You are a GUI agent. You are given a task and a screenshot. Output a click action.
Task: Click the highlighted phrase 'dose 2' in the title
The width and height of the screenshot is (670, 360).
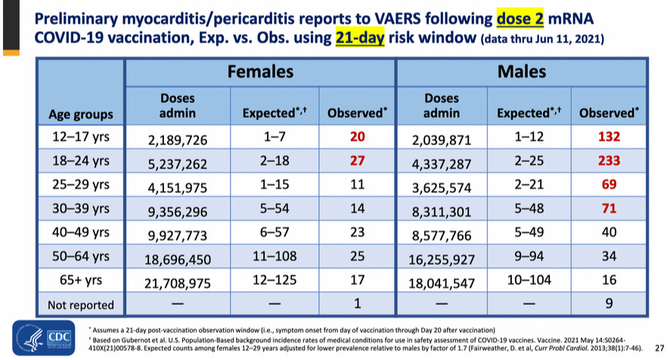[520, 19]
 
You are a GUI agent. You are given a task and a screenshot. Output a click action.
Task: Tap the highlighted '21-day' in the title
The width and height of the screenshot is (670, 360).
[360, 38]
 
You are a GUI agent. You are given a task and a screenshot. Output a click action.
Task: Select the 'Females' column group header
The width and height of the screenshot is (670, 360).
[260, 71]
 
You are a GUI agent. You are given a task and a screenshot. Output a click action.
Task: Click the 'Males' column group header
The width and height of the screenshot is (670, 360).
[522, 71]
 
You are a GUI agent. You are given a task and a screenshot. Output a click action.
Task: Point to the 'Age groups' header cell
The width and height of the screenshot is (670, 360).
[81, 114]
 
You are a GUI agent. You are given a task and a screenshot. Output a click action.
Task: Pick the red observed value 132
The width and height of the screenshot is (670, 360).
[609, 136]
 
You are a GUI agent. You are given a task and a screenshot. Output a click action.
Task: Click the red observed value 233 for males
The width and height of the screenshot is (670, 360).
[609, 160]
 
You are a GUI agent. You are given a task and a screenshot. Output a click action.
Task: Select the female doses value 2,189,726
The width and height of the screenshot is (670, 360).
[177, 140]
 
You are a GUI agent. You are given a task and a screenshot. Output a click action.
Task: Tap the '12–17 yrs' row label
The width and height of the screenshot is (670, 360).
[81, 136]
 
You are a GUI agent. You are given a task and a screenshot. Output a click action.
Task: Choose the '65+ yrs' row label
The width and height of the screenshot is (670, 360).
[81, 280]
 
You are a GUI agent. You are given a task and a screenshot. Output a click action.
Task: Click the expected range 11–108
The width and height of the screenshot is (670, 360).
[275, 256]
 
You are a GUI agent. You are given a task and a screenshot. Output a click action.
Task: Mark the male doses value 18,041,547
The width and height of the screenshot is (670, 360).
[442, 284]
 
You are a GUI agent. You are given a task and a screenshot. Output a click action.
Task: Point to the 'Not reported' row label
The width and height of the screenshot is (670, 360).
[81, 305]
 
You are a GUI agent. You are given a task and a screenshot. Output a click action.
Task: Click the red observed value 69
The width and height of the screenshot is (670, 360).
[609, 185]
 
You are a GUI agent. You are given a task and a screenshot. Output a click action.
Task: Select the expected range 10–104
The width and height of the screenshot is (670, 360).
[529, 280]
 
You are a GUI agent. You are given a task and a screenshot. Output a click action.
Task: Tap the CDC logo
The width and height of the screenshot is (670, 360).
[44, 338]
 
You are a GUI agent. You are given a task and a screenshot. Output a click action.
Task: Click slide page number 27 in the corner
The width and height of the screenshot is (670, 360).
[659, 348]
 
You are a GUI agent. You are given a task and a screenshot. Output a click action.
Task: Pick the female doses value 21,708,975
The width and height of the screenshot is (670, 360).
[177, 284]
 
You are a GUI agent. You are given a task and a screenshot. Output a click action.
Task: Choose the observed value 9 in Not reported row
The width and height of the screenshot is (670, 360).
[609, 303]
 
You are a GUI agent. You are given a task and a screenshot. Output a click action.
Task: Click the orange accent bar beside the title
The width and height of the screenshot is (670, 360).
[11, 53]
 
